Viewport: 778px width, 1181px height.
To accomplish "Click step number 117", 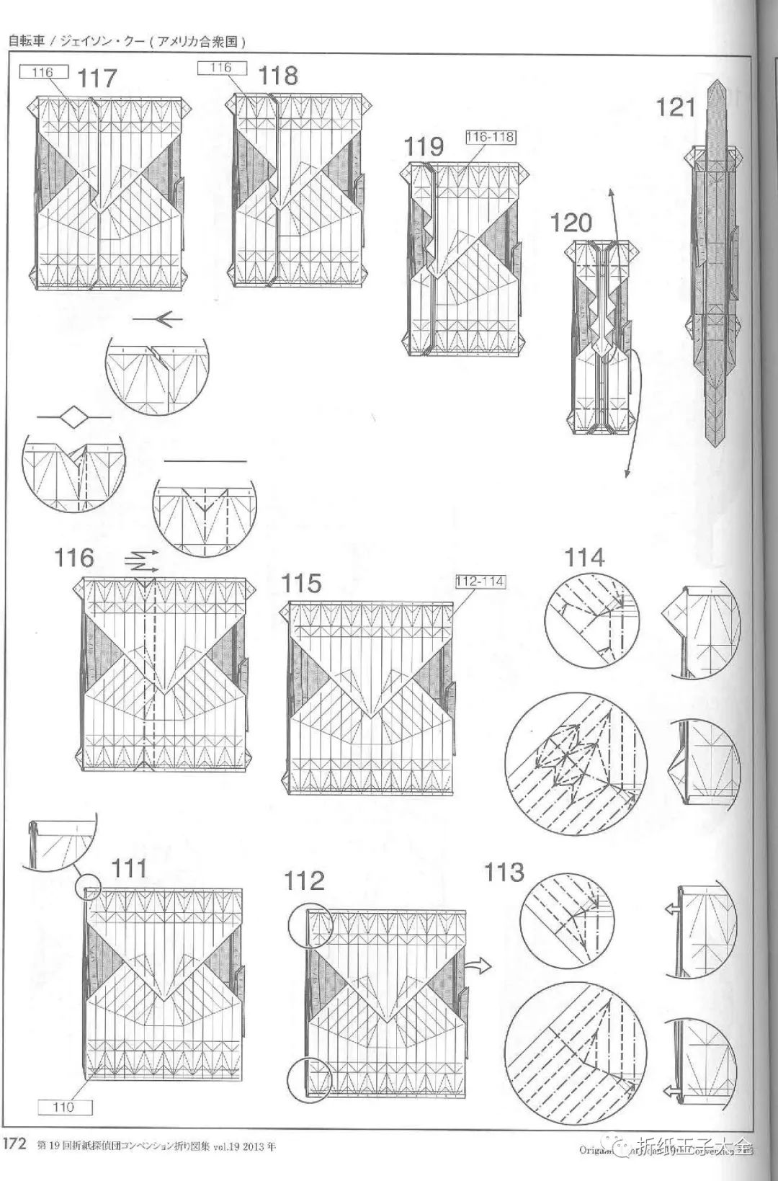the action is coord(97,78).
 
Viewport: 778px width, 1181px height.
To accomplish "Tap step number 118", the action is coord(277,75).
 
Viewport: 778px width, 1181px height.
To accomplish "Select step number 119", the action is coord(424,146).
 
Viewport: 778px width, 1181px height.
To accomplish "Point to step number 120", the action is coord(571,223).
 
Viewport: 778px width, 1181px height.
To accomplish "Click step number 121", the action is coord(676,107).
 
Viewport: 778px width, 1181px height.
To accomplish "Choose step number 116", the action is coord(74,557).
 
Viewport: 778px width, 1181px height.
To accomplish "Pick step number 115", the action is coord(301,583).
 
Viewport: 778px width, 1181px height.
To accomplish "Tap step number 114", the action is coord(584,557).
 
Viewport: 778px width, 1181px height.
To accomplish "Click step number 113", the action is coord(504,873).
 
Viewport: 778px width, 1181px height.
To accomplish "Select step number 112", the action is coord(304,881).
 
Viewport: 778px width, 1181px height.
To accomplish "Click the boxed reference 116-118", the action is coord(491,137).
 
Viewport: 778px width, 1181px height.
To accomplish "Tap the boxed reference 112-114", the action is coord(480,581).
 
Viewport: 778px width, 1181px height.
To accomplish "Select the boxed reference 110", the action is coord(66,1107).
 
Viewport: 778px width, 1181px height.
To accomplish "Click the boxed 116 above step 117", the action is coord(44,72).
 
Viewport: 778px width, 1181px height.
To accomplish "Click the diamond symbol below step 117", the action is coord(73,416).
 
